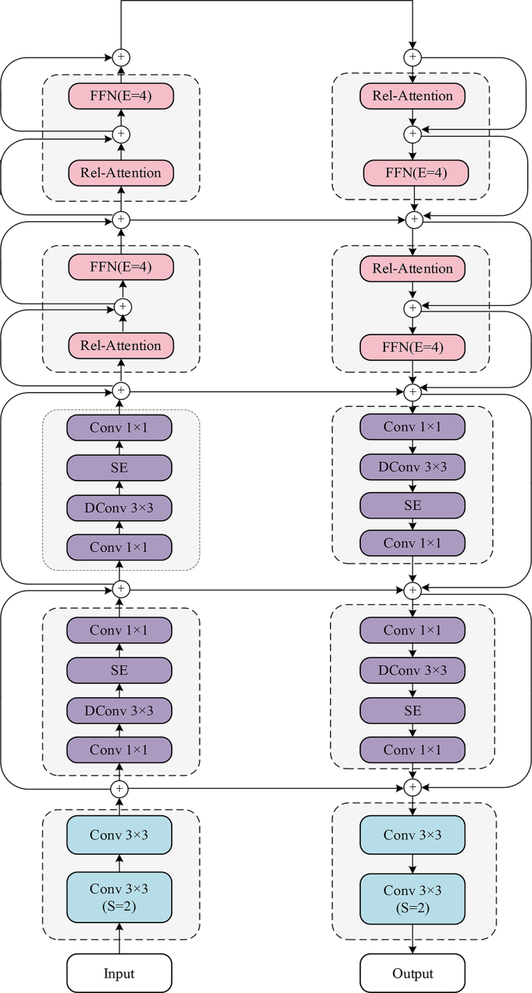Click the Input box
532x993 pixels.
pyautogui.click(x=119, y=973)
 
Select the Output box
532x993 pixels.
pyautogui.click(x=412, y=973)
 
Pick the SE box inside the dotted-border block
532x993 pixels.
pyautogui.click(x=119, y=467)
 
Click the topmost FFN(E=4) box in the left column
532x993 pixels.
pyautogui.click(x=120, y=96)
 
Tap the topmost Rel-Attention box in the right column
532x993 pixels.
pyautogui.click(x=412, y=96)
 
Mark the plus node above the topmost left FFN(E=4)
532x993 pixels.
pyautogui.click(x=120, y=57)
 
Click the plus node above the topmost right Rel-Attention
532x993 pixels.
pyautogui.click(x=412, y=57)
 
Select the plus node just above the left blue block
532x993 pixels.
pyautogui.click(x=119, y=787)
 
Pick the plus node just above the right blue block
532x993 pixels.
pyautogui.click(x=412, y=787)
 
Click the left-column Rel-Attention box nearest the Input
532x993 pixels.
pyautogui.click(x=120, y=345)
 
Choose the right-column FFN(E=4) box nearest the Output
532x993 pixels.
pyautogui.click(x=412, y=347)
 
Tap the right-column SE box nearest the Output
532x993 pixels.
pyautogui.click(x=412, y=710)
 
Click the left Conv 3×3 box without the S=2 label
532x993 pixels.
pyautogui.click(x=119, y=835)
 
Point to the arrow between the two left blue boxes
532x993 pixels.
pyautogui.click(x=119, y=863)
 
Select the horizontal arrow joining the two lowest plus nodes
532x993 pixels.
pyautogui.click(x=264, y=787)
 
